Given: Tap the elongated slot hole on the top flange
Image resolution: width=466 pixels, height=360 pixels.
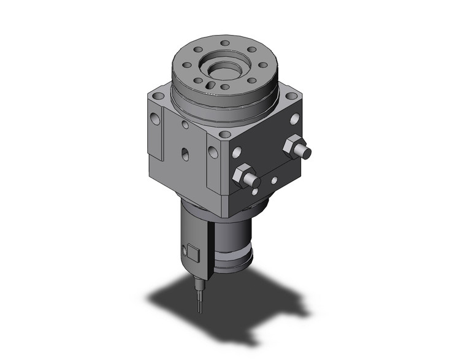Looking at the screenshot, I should (x=210, y=86).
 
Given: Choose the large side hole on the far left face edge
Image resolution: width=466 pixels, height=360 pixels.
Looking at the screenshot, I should (x=155, y=119).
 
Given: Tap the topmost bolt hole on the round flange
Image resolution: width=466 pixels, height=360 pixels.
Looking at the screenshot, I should (x=225, y=43).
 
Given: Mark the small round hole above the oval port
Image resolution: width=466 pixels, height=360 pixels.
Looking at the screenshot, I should (x=185, y=124).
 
